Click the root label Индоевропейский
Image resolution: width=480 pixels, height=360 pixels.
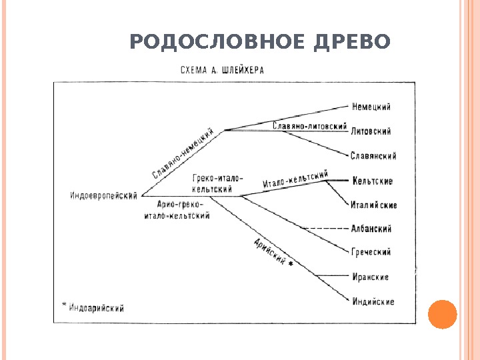(x=103, y=196)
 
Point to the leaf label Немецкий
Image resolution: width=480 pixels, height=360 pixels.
(x=371, y=107)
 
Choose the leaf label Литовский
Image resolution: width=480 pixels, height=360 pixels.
(x=371, y=131)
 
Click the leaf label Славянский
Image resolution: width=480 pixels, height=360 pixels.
(x=373, y=156)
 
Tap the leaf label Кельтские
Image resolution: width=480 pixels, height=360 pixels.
(x=371, y=181)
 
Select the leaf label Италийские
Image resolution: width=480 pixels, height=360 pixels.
(x=374, y=205)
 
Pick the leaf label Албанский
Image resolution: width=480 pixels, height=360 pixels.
(x=371, y=229)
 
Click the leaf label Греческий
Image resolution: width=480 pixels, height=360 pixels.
(x=371, y=253)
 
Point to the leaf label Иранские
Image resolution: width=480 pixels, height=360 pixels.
(x=370, y=277)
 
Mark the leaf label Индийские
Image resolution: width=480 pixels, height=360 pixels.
(x=373, y=301)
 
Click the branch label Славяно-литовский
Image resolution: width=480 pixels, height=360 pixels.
(x=311, y=125)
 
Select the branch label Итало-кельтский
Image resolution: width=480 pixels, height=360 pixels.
(x=296, y=179)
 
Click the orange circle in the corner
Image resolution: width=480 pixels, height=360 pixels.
(x=442, y=314)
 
